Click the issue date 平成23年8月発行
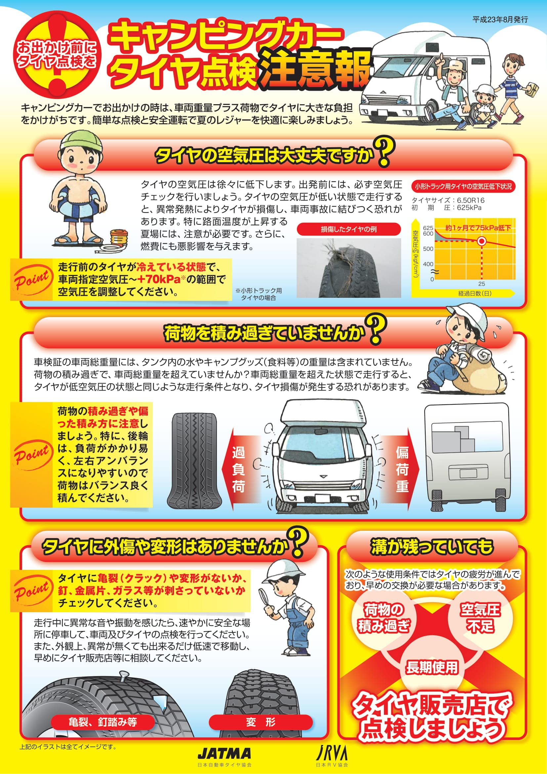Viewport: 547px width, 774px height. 500,20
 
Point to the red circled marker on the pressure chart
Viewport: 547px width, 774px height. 482,241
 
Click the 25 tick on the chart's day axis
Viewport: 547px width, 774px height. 482,284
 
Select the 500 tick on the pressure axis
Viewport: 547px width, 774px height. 428,249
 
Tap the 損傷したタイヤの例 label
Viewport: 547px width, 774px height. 349,229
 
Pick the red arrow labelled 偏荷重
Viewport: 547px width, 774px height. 400,469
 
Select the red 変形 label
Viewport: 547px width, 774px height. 261,722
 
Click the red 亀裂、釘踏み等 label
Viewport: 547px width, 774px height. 103,722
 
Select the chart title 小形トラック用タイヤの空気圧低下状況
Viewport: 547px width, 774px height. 463,186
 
